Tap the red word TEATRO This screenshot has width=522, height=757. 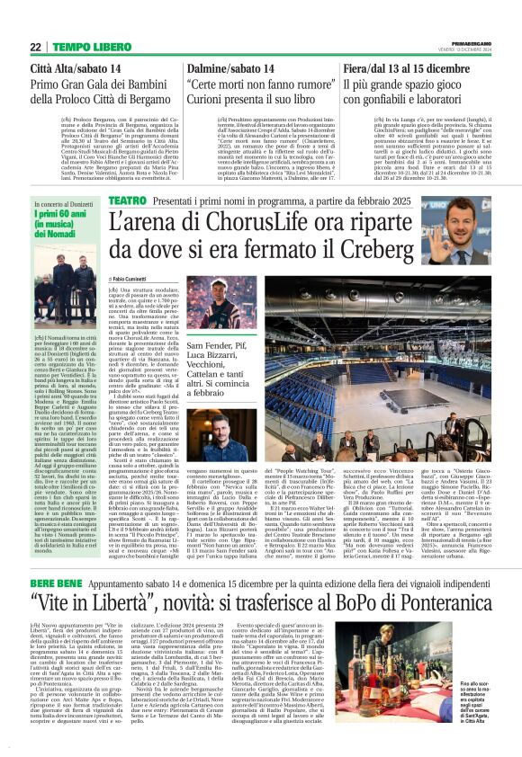(x=127, y=199)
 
